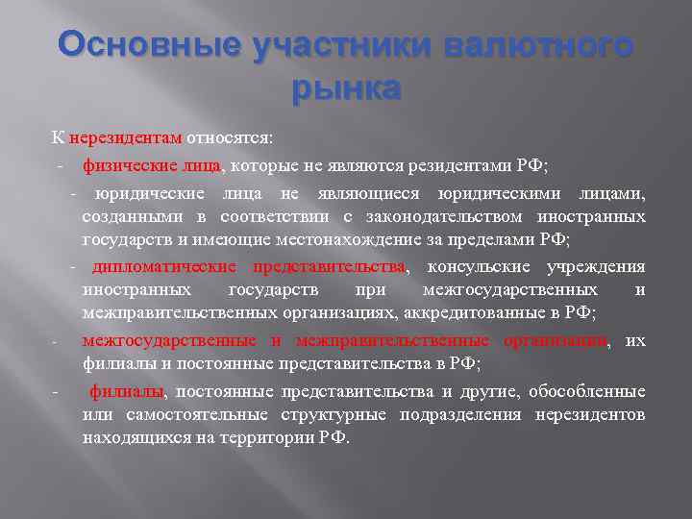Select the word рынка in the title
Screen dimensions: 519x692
[x=345, y=88]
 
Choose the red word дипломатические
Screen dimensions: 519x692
[x=165, y=266]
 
